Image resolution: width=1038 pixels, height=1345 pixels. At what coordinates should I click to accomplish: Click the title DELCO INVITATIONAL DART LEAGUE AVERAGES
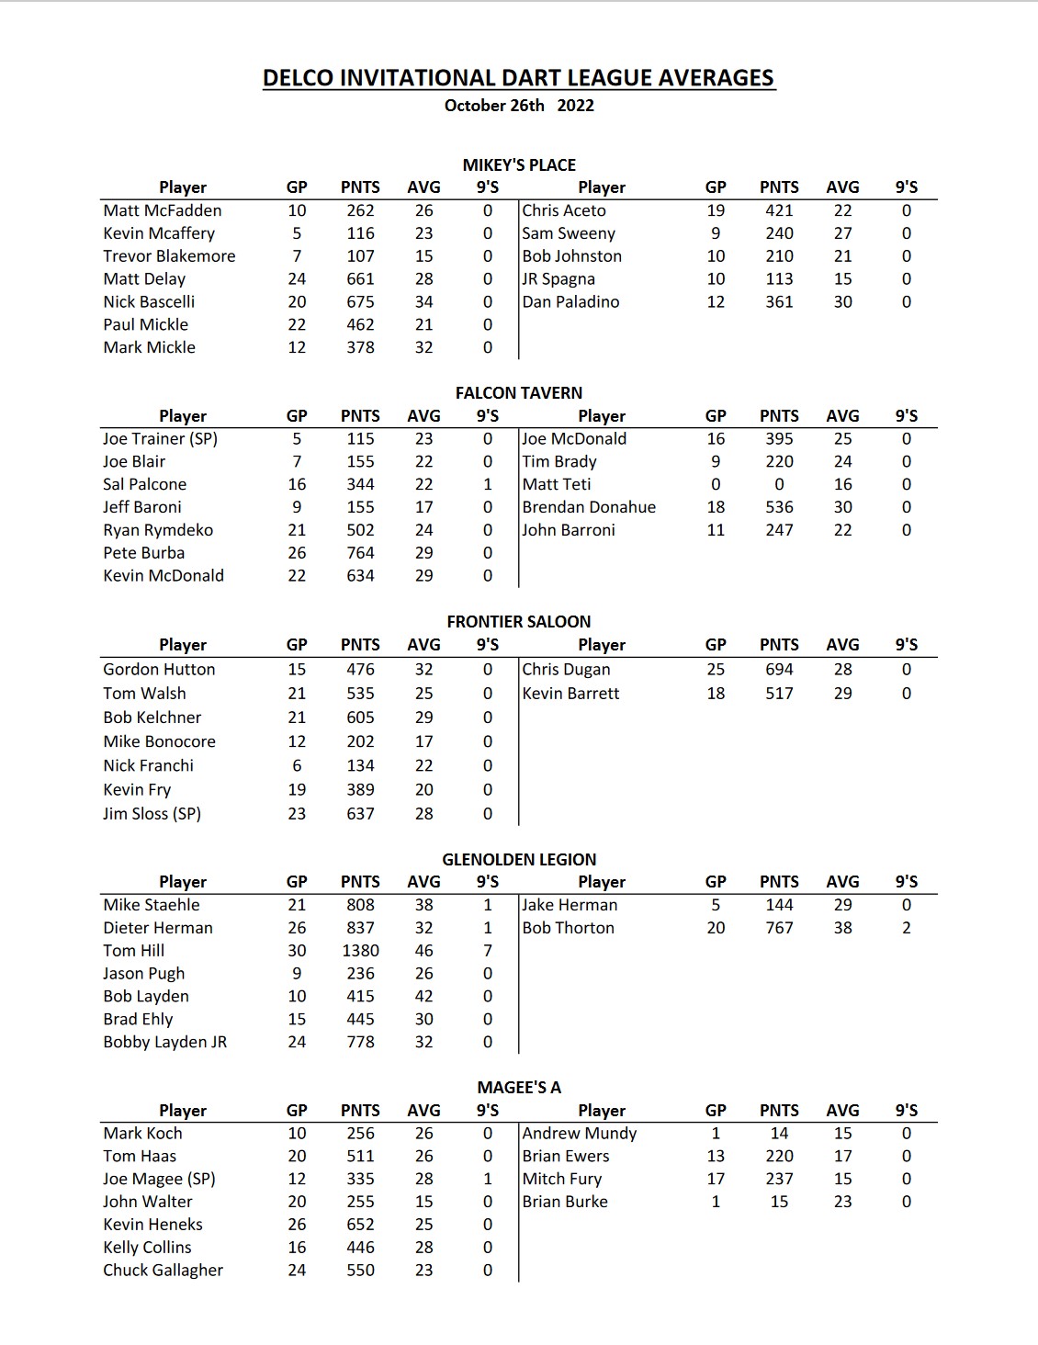tap(519, 78)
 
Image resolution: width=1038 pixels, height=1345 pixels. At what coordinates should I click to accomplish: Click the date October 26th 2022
tap(519, 106)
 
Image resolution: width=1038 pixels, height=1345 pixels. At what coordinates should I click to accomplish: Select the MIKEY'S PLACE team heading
tap(519, 165)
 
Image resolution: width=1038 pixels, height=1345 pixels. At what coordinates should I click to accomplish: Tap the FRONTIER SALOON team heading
tap(519, 622)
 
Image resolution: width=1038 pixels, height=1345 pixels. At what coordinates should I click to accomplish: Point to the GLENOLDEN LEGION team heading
tap(519, 860)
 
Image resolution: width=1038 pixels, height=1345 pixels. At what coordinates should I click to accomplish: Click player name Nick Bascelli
tap(149, 302)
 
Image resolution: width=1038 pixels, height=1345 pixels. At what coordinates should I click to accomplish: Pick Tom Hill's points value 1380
tap(360, 951)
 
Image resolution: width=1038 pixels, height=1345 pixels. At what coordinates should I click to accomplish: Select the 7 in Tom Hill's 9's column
tap(488, 951)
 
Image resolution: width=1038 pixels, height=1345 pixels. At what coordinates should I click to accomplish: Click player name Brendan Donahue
tap(589, 507)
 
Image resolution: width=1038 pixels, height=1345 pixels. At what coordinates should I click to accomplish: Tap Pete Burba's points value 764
tap(360, 553)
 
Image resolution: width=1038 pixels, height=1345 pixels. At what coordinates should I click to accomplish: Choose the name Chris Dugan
tap(566, 670)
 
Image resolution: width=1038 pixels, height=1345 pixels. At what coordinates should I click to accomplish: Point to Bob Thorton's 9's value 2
tap(907, 928)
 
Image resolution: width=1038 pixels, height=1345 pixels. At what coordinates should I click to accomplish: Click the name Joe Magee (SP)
tap(159, 1179)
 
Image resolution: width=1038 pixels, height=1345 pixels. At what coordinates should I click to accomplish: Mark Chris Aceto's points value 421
tap(779, 210)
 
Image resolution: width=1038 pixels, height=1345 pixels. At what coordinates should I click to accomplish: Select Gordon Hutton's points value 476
tap(360, 670)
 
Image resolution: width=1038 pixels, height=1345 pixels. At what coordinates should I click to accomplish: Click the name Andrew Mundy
tap(579, 1134)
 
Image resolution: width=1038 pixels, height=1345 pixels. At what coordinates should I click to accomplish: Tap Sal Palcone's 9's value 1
tap(488, 484)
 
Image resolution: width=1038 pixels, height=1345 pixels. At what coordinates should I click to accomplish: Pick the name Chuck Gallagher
tap(163, 1271)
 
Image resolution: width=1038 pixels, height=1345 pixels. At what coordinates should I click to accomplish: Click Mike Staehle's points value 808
tap(360, 905)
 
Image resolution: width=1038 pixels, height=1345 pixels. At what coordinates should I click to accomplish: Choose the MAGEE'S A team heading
tap(519, 1088)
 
